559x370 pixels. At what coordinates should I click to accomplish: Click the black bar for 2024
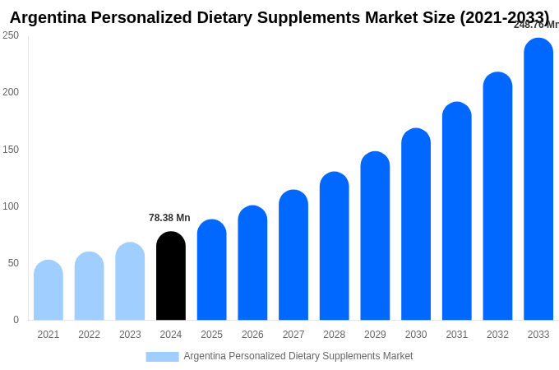coord(171,276)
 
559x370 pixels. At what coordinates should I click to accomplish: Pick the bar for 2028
coord(335,246)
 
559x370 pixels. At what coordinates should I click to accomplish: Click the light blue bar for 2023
coord(130,281)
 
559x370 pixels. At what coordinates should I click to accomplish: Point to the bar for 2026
coord(252,263)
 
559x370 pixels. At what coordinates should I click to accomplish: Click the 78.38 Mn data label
coord(169,218)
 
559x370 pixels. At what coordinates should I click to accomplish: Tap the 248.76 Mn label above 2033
coord(535,25)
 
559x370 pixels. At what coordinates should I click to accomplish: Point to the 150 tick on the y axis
coord(11,149)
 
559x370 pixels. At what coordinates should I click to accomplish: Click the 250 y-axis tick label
coord(11,35)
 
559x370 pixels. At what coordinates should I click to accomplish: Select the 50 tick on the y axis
coord(13,263)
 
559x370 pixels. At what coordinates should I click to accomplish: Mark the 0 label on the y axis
coord(16,320)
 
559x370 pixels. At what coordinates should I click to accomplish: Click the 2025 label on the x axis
coord(211,335)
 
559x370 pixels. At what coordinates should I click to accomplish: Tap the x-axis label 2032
coord(497,335)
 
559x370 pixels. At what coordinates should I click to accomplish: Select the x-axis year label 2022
coord(89,335)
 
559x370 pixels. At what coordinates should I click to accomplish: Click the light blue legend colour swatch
coord(162,357)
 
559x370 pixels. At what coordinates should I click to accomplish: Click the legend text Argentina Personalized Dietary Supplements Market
coord(298,356)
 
